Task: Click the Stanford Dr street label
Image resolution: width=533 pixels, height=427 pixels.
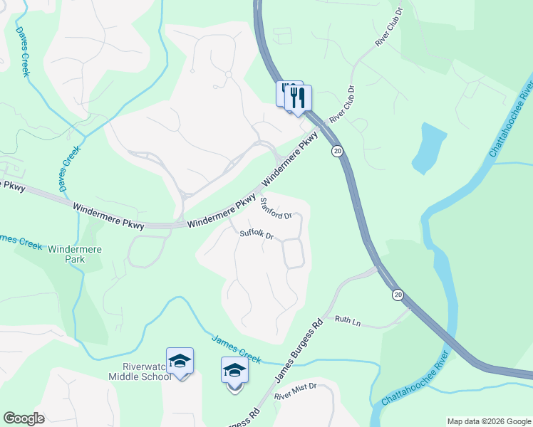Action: click(275, 209)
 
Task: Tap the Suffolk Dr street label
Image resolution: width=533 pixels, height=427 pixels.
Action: click(257, 234)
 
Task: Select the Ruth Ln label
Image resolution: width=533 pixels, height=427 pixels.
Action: click(348, 322)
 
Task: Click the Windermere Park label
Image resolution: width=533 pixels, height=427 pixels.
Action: click(75, 254)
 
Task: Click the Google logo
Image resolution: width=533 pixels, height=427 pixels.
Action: click(24, 418)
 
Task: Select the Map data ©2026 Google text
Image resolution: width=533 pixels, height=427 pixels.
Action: click(488, 421)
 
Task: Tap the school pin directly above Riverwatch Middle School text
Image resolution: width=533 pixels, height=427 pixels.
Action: click(180, 361)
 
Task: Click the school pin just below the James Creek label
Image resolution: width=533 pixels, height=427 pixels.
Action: click(234, 371)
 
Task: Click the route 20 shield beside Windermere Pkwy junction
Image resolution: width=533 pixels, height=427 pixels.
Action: click(336, 151)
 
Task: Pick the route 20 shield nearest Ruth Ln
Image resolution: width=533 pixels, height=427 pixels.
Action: click(397, 295)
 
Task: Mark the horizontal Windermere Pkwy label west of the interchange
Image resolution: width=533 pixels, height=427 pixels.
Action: click(108, 216)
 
